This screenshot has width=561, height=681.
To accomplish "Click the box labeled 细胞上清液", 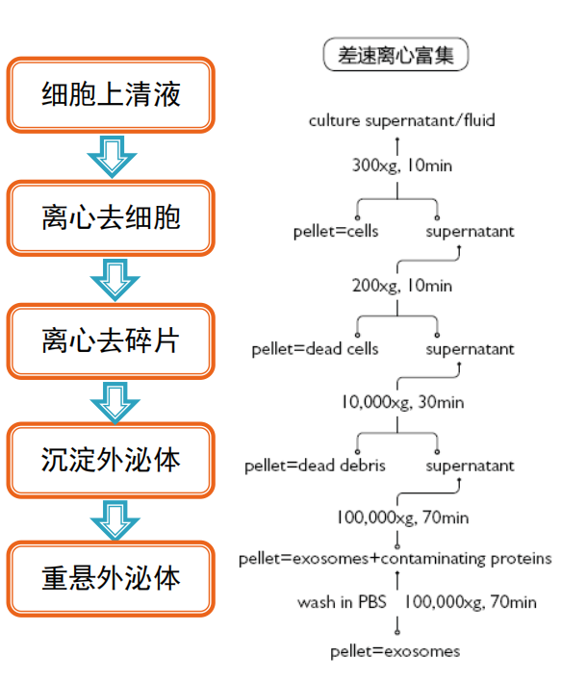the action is [111, 95].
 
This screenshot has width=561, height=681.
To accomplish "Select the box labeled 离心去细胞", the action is [111, 218].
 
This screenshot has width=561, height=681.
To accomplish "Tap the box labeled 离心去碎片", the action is [111, 340].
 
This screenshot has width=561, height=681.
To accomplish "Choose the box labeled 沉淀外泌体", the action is [111, 460].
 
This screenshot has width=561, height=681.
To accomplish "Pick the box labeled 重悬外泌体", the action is [111, 578].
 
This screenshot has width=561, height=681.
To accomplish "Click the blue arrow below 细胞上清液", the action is [113, 157].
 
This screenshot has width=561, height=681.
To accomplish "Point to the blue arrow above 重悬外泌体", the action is [115, 519].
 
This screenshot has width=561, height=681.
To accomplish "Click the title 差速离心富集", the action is [395, 54].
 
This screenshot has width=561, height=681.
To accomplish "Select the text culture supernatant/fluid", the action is [401, 120].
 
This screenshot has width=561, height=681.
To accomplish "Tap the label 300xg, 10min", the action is [402, 165].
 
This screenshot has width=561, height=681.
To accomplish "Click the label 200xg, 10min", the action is [402, 286].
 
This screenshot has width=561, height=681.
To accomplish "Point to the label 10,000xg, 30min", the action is [402, 402].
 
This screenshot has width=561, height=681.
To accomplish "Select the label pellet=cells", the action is [336, 232].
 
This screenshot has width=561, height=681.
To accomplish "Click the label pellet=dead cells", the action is [315, 349].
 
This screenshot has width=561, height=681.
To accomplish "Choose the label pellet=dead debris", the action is [315, 466].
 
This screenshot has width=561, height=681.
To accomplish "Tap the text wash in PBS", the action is [342, 602].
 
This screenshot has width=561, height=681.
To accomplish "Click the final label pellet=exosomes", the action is [395, 651].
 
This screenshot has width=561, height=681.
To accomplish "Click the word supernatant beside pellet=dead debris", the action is [470, 466].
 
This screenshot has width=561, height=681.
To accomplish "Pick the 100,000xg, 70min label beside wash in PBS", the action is [471, 602].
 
